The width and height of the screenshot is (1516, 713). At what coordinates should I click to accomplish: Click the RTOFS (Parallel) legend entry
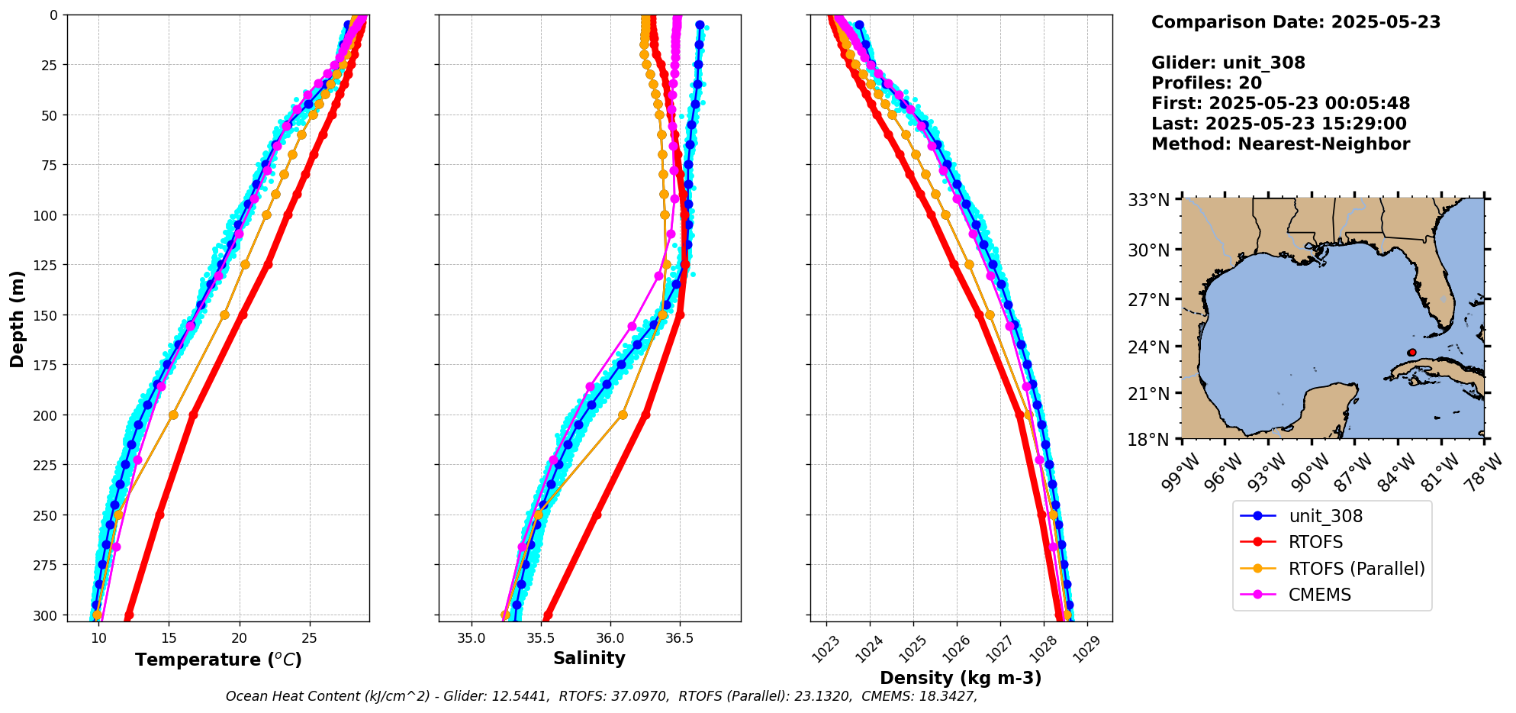(x=1356, y=569)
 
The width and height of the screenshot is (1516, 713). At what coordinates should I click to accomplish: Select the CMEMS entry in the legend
(x=1319, y=595)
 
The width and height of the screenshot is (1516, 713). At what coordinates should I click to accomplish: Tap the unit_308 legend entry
(x=1325, y=516)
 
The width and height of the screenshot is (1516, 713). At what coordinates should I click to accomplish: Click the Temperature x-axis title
(x=218, y=660)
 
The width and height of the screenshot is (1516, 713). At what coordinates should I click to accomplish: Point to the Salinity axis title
(x=589, y=658)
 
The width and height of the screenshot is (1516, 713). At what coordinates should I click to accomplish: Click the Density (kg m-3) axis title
(x=961, y=678)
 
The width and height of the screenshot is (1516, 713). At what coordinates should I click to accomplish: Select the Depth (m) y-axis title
(x=17, y=318)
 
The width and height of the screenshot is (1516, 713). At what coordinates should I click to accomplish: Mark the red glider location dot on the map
(x=1411, y=353)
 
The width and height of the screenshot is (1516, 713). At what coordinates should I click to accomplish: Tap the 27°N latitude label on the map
(x=1148, y=300)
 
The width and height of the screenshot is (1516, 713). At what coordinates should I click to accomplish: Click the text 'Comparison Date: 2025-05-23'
(x=1296, y=22)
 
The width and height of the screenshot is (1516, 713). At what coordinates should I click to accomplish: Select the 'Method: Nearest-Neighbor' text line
(x=1280, y=144)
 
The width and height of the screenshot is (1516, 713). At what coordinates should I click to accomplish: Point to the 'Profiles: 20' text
(x=1206, y=83)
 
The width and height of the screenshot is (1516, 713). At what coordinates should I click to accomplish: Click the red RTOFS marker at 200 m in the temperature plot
(x=193, y=415)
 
